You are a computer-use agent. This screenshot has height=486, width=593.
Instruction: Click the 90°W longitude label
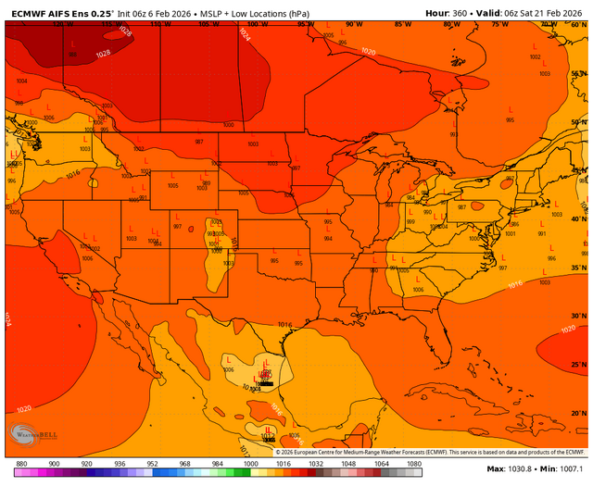click(352, 24)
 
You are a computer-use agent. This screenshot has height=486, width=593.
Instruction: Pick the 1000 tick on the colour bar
click(250, 463)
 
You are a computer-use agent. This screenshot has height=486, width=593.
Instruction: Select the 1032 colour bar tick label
click(316, 463)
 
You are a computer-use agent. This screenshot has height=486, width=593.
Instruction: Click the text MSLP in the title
click(213, 12)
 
